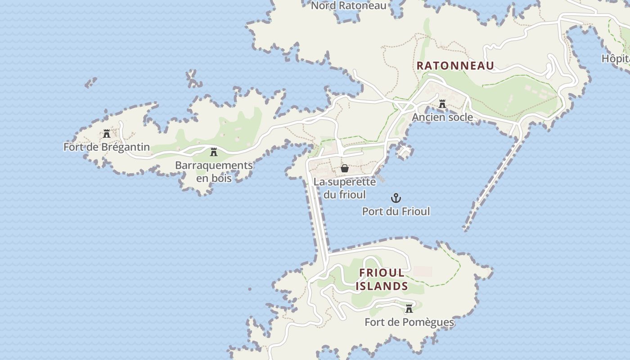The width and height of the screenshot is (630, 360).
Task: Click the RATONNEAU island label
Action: tap(455, 66)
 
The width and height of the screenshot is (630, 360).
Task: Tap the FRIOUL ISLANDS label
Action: tap(382, 279)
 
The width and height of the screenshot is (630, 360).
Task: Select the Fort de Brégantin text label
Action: tap(107, 147)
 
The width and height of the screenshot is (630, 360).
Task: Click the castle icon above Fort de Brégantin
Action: tap(107, 134)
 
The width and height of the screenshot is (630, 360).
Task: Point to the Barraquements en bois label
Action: tap(214, 171)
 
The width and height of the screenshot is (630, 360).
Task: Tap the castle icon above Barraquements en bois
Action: tap(214, 152)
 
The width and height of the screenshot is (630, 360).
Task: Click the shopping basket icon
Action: tap(345, 168)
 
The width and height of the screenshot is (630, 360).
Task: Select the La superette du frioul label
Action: tap(345, 188)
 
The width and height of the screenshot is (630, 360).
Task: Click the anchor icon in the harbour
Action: tap(396, 198)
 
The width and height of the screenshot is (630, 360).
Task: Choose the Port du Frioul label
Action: tap(396, 211)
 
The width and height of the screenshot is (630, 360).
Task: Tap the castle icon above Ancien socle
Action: tap(442, 104)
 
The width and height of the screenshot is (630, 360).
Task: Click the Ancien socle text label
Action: tap(442, 117)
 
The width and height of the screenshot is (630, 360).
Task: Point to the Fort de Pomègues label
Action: tap(409, 322)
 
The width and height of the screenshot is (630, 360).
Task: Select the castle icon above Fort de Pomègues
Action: tap(409, 309)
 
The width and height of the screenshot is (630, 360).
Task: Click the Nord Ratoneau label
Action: tap(349, 5)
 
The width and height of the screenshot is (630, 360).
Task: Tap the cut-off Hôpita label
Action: tap(616, 58)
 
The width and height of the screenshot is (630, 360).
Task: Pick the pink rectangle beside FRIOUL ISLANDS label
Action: tap(423, 271)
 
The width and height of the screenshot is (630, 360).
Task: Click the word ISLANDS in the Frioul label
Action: tap(382, 286)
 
